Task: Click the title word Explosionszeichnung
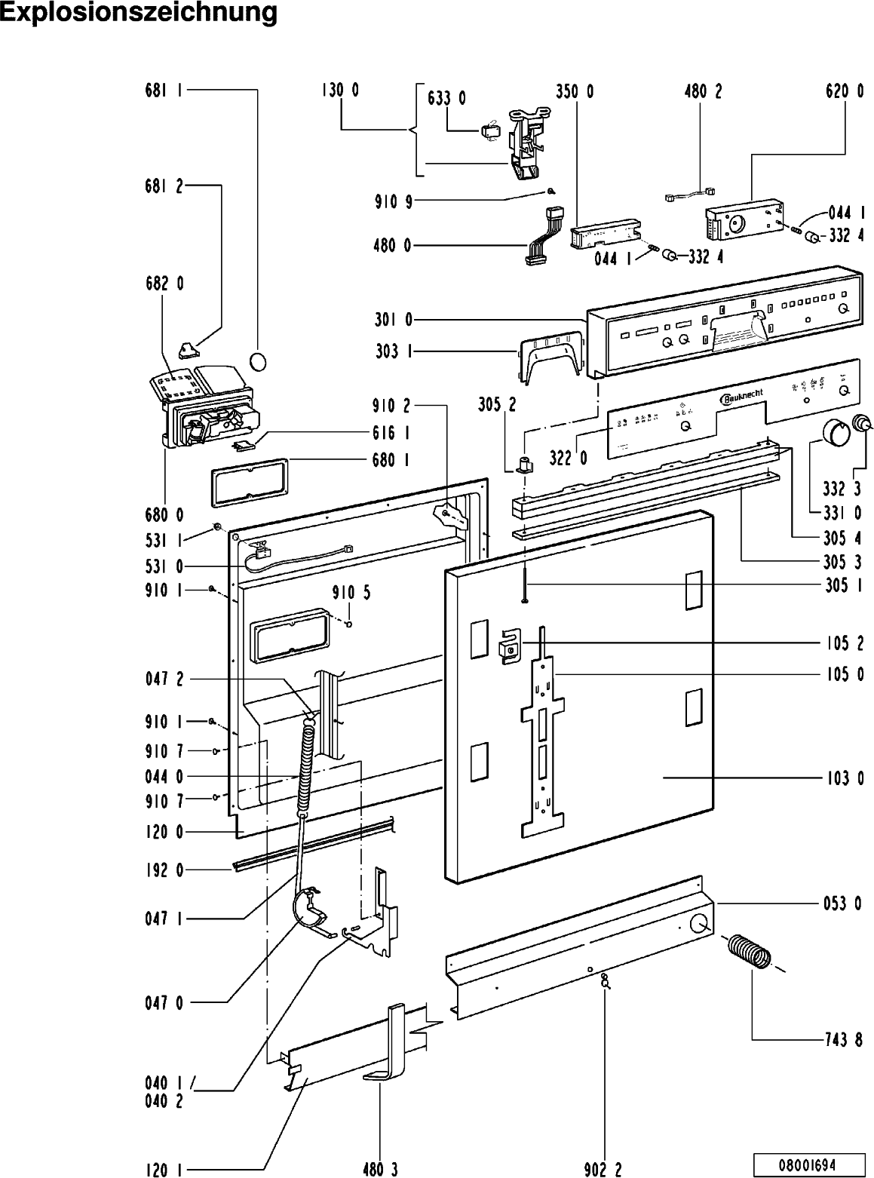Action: (139, 13)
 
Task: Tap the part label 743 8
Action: (844, 1041)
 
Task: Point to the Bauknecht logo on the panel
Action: (742, 397)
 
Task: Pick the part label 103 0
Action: (845, 778)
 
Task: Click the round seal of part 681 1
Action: (258, 362)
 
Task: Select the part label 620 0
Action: (845, 91)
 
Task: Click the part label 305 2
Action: (497, 405)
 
